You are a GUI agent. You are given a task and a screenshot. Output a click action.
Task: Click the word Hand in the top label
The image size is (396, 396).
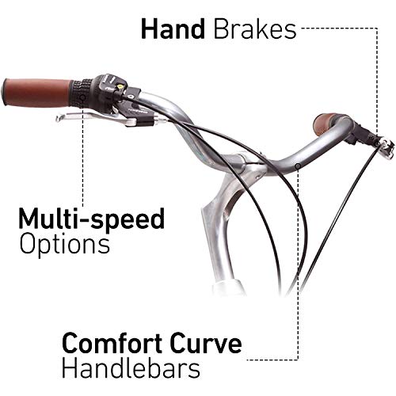[173, 29]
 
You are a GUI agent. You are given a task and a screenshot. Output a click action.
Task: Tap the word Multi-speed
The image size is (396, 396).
[92, 219]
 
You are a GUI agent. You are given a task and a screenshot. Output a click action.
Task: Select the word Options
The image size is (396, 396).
[65, 244]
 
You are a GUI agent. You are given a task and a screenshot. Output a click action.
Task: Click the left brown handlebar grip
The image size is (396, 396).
[37, 93]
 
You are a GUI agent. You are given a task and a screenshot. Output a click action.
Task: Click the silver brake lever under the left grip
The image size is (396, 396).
[97, 118]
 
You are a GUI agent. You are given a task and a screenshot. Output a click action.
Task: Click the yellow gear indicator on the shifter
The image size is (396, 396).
[120, 86]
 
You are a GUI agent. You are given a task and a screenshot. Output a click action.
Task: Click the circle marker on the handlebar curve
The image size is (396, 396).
[298, 166]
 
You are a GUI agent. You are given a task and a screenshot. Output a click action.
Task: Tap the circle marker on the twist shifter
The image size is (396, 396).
[82, 98]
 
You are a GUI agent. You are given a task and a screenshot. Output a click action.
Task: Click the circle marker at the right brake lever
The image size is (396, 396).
[378, 144]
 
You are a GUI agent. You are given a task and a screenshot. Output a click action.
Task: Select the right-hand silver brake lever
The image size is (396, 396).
[387, 148]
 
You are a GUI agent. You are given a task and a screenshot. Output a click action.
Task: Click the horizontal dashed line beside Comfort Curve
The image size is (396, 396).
[272, 360]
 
